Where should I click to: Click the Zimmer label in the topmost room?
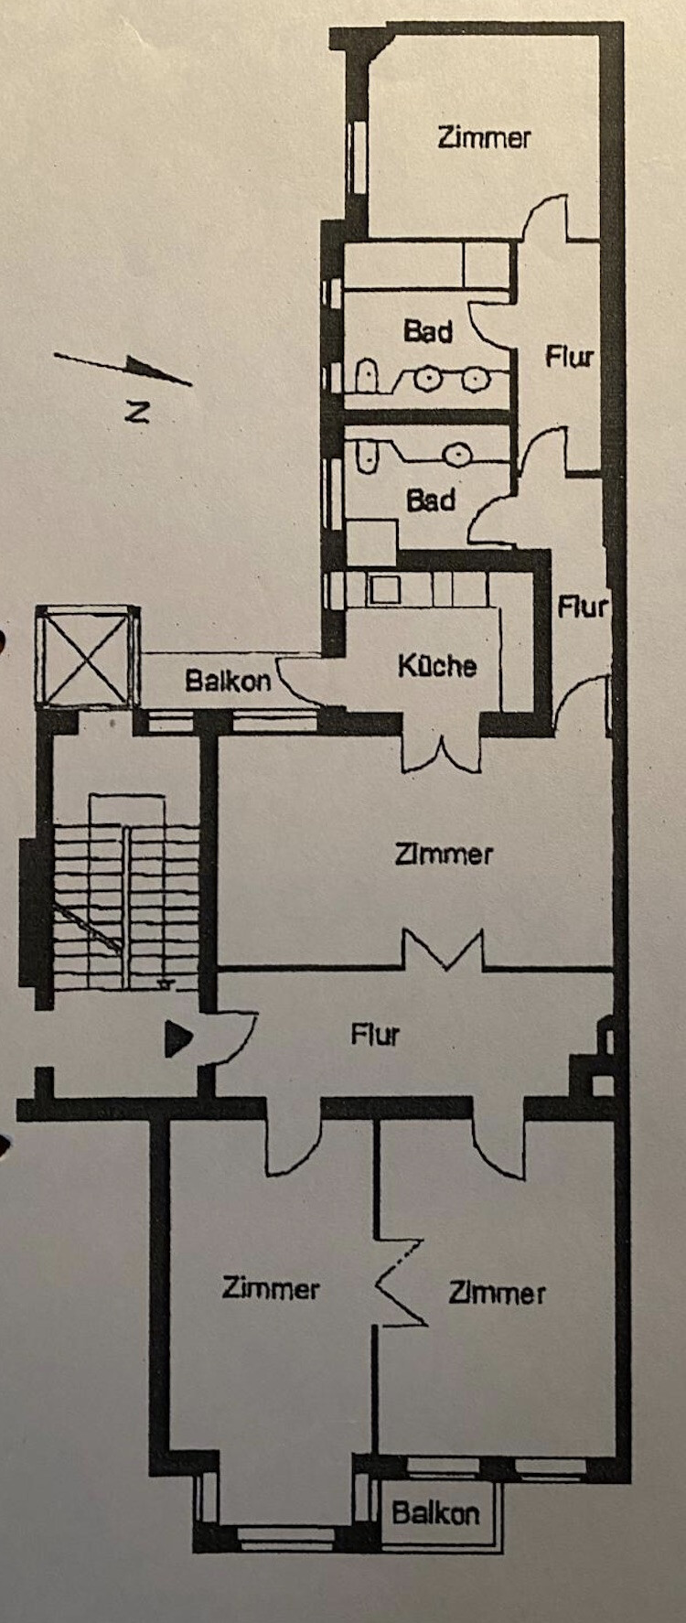tap(484, 137)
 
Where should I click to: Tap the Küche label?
tap(437, 665)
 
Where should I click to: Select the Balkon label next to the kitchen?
tap(228, 681)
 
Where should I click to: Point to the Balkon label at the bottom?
tap(435, 1512)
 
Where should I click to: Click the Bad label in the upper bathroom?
tap(428, 331)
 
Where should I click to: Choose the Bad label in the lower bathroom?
tap(431, 500)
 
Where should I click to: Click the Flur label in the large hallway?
tap(375, 1035)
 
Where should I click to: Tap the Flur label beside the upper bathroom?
tap(569, 356)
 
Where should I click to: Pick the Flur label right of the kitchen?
tap(582, 607)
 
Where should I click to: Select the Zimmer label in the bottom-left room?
tap(271, 1288)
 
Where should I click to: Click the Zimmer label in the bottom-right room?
tap(497, 1293)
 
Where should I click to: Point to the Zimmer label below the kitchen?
tap(444, 854)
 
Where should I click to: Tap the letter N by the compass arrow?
tap(137, 412)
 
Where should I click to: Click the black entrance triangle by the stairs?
tap(177, 1038)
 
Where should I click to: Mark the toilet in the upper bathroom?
tap(366, 375)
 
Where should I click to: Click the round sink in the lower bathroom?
tap(457, 453)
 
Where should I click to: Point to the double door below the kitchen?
tap(443, 752)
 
